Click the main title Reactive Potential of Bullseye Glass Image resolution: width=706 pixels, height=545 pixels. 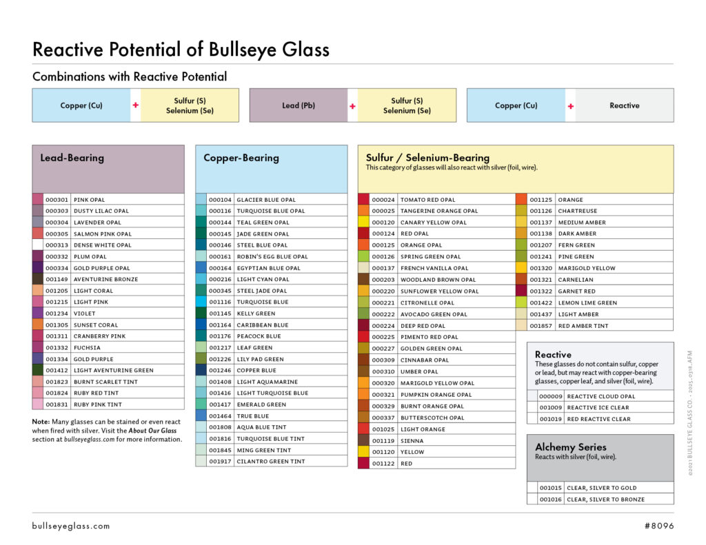(x=181, y=50)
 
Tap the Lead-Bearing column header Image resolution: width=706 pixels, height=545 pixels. (x=72, y=158)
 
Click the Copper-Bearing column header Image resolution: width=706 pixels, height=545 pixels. (x=241, y=158)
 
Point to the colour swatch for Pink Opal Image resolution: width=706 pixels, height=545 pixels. (x=38, y=200)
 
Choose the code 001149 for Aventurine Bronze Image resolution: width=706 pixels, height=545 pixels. (x=57, y=280)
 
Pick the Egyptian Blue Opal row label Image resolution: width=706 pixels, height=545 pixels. (x=268, y=268)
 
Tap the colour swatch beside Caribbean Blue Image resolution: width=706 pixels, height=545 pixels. (x=201, y=325)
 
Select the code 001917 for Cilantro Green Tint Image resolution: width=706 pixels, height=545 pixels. (x=221, y=462)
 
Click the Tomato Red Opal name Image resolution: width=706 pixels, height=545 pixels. (x=427, y=200)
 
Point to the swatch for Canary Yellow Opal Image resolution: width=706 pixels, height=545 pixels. (x=363, y=223)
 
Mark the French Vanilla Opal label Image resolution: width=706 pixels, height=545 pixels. (x=434, y=268)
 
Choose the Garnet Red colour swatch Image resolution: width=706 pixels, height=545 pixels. (x=522, y=291)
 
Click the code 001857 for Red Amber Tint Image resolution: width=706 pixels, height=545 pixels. (x=541, y=326)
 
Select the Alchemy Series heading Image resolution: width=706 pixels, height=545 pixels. (x=571, y=446)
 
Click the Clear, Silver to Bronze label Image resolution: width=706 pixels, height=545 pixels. (x=605, y=500)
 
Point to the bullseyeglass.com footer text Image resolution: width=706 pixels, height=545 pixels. (x=71, y=526)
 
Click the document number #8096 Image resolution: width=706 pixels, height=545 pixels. (x=658, y=526)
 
